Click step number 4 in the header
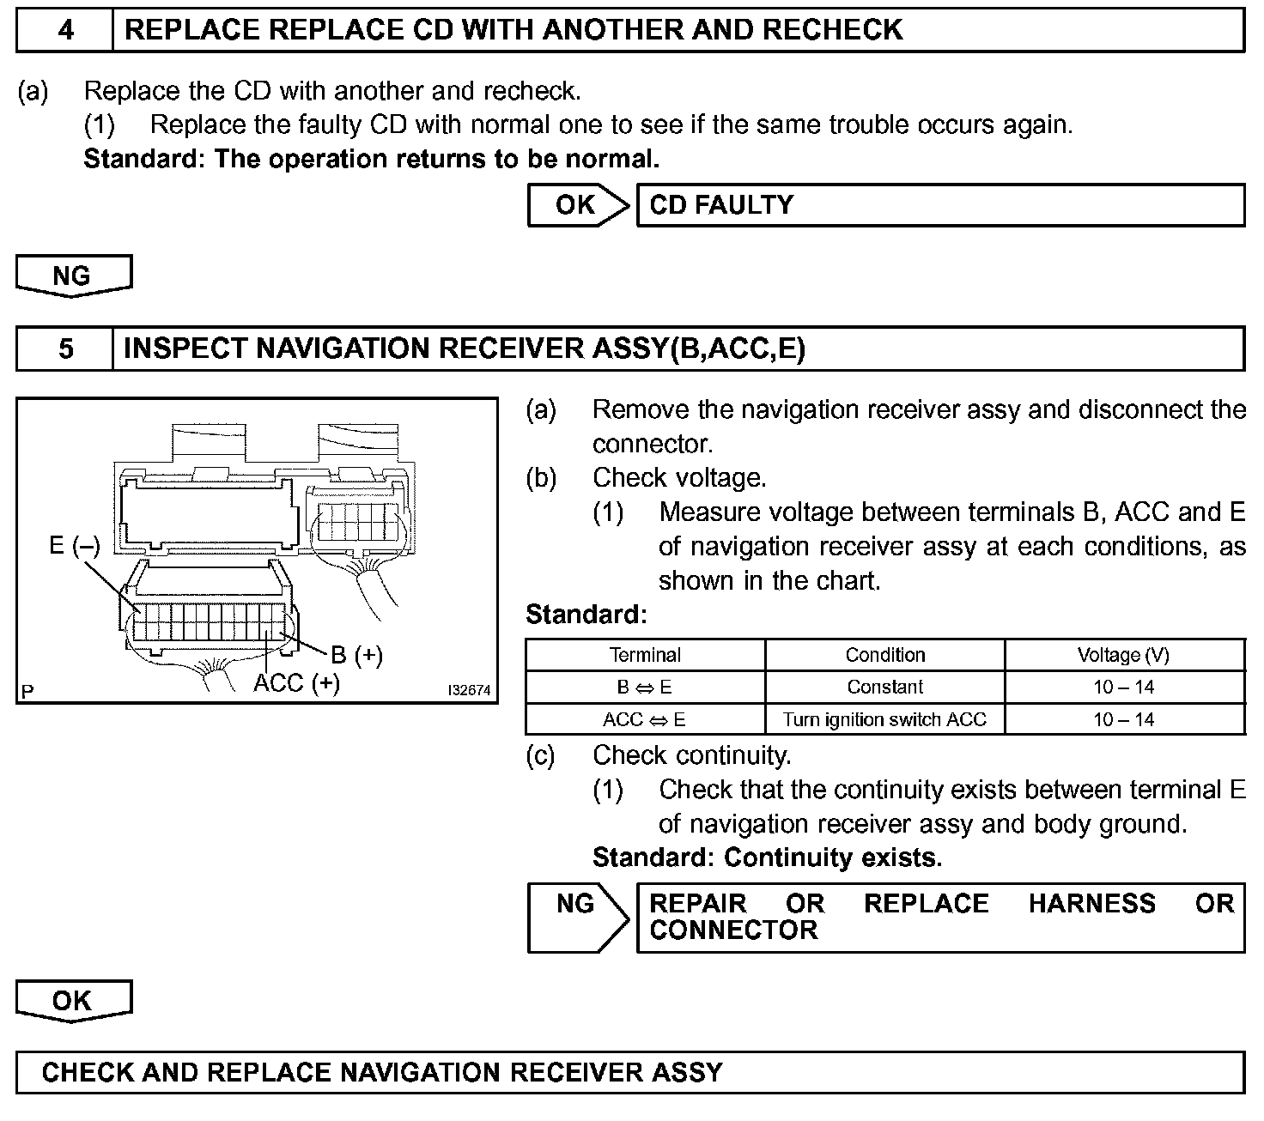point(65,30)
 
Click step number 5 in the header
point(65,348)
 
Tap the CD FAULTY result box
point(940,205)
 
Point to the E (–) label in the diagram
point(74,546)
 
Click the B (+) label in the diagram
point(356,655)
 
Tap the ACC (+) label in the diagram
point(296,683)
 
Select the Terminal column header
point(645,655)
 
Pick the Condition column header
point(885,655)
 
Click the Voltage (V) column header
point(1123,655)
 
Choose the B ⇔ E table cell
point(645,687)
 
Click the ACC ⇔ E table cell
point(645,719)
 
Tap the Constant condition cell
point(885,687)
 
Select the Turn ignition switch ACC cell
point(885,719)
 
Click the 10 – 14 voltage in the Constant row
point(1123,687)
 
